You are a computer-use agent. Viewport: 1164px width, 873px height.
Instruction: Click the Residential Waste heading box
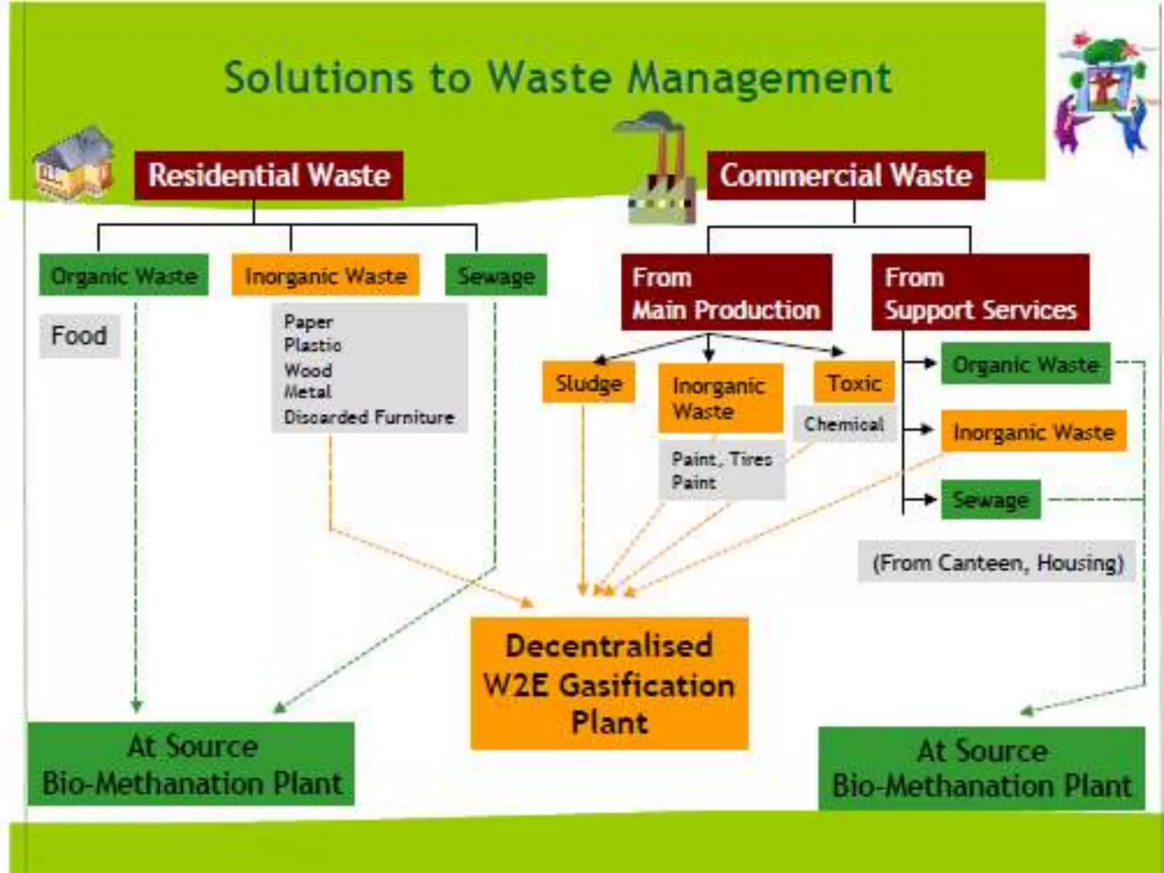point(268,175)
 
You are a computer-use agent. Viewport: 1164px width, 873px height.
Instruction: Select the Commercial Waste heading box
point(845,175)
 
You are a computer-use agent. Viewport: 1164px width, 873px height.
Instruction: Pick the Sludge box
point(588,383)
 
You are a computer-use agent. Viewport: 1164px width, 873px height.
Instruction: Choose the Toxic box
point(854,383)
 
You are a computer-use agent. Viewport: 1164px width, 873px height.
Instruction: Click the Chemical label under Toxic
point(844,424)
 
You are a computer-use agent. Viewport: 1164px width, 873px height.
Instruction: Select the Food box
point(79,335)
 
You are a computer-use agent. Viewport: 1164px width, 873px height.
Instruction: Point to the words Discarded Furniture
point(369,417)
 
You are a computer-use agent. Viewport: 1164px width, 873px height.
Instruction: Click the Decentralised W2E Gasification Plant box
point(609,684)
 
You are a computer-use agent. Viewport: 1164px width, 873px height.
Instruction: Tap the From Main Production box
point(726,293)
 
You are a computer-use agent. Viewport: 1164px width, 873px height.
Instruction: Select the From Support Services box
point(980,293)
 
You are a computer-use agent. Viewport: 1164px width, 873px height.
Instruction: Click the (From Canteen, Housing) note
point(997,563)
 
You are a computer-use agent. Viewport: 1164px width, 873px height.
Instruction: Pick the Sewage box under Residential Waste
point(496,276)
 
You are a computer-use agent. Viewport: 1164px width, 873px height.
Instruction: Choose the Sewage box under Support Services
point(990,500)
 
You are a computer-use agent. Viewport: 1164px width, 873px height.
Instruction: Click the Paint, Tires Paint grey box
point(722,471)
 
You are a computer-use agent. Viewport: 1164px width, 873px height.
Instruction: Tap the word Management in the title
point(759,78)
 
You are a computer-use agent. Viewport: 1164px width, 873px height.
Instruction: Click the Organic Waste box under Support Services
point(1025,364)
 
